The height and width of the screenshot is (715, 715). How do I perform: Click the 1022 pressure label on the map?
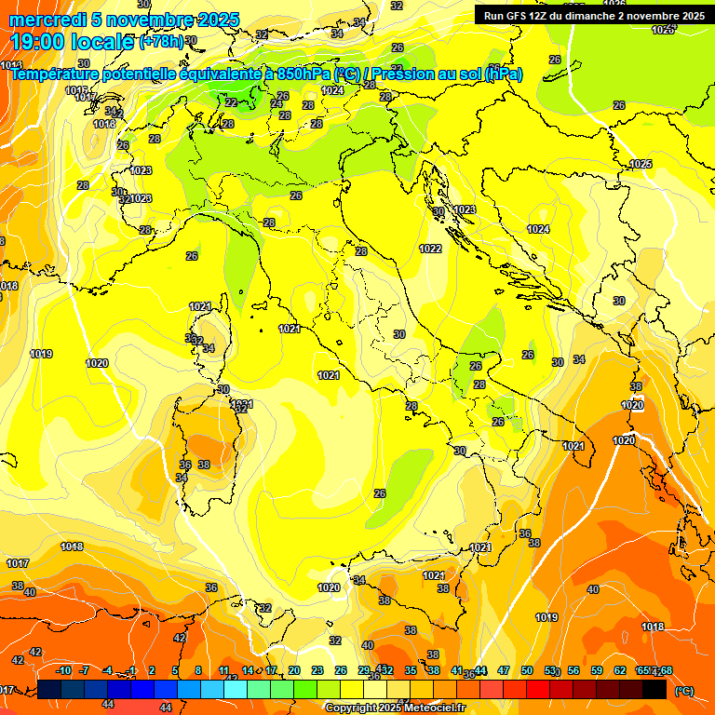coord(430,249)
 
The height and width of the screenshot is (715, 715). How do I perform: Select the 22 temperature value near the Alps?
coord(230,102)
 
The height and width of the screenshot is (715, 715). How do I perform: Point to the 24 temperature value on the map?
coord(276,103)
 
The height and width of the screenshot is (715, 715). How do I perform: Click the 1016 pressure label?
coord(77,90)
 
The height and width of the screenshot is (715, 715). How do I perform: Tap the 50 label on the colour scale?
coord(527,670)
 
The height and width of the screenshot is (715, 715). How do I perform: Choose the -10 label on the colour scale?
coord(63,670)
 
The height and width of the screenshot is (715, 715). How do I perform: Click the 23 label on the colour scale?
coord(317,670)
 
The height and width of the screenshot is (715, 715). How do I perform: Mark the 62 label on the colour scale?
coord(620,670)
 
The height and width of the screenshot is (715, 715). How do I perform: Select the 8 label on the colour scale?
coord(198,670)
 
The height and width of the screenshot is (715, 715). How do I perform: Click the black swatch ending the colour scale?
coord(654,689)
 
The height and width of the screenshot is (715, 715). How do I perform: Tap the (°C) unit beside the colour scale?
coord(683,690)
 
